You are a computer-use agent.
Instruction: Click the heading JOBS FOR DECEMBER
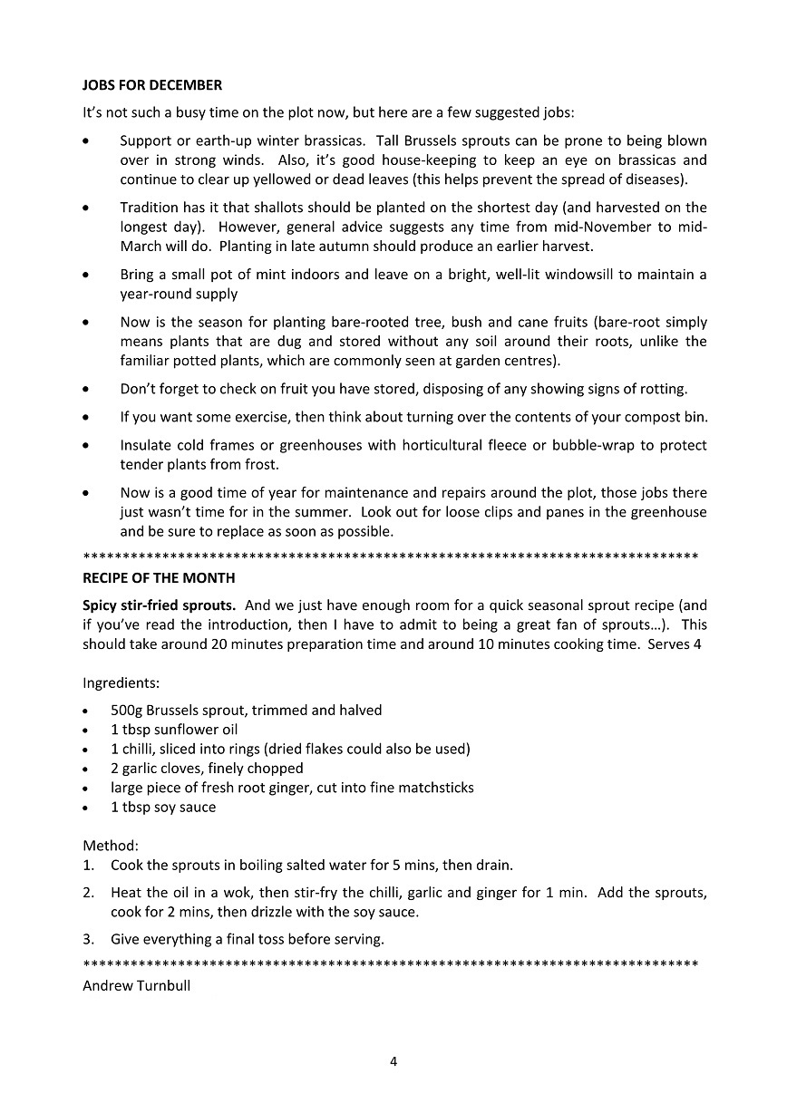[152, 85]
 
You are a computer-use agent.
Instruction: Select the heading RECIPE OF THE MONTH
[159, 577]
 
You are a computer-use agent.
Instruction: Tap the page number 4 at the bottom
[393, 1061]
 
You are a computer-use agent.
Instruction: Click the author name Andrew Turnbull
[136, 986]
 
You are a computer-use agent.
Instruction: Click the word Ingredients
[121, 682]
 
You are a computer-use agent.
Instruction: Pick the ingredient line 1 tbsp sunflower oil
[174, 729]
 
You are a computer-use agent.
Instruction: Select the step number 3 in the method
[88, 939]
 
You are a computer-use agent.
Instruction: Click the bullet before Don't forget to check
[86, 390]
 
